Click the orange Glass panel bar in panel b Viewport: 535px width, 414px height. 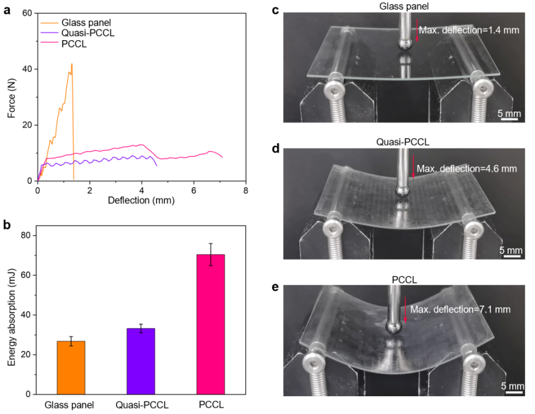[71, 368]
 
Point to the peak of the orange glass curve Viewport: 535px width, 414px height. [72, 64]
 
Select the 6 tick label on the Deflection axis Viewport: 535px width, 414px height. [193, 189]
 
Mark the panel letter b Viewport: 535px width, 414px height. [7, 225]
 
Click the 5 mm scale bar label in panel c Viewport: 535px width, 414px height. [509, 114]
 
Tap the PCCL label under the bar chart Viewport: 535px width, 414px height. [210, 405]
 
